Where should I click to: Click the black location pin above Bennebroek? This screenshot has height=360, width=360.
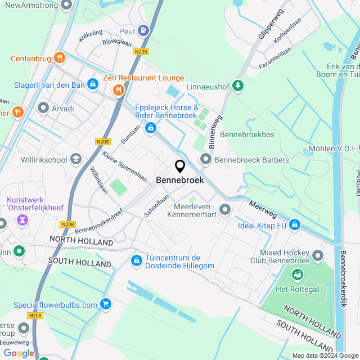click(x=180, y=166)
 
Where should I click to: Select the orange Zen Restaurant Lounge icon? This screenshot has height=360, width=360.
click(x=118, y=90)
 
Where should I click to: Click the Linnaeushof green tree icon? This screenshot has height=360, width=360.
click(x=239, y=85)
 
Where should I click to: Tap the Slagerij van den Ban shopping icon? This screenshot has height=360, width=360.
click(x=93, y=85)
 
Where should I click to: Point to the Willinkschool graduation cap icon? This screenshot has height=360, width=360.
click(x=75, y=160)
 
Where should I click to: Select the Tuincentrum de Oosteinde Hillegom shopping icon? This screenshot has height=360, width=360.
click(x=136, y=261)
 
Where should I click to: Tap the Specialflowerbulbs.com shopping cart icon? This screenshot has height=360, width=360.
click(x=105, y=304)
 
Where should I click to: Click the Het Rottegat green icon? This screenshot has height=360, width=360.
click(x=297, y=276)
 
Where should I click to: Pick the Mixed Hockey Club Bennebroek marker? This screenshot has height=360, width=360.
click(x=318, y=256)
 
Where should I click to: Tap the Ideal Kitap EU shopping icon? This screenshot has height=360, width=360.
click(x=294, y=225)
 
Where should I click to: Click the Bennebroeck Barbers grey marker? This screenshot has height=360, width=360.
click(x=205, y=160)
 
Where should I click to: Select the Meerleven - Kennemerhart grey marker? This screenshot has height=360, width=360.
click(x=225, y=210)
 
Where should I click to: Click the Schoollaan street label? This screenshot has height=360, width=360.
click(x=156, y=206)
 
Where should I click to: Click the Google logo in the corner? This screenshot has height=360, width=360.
click(x=19, y=353)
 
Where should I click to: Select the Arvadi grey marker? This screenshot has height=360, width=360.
click(x=43, y=107)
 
